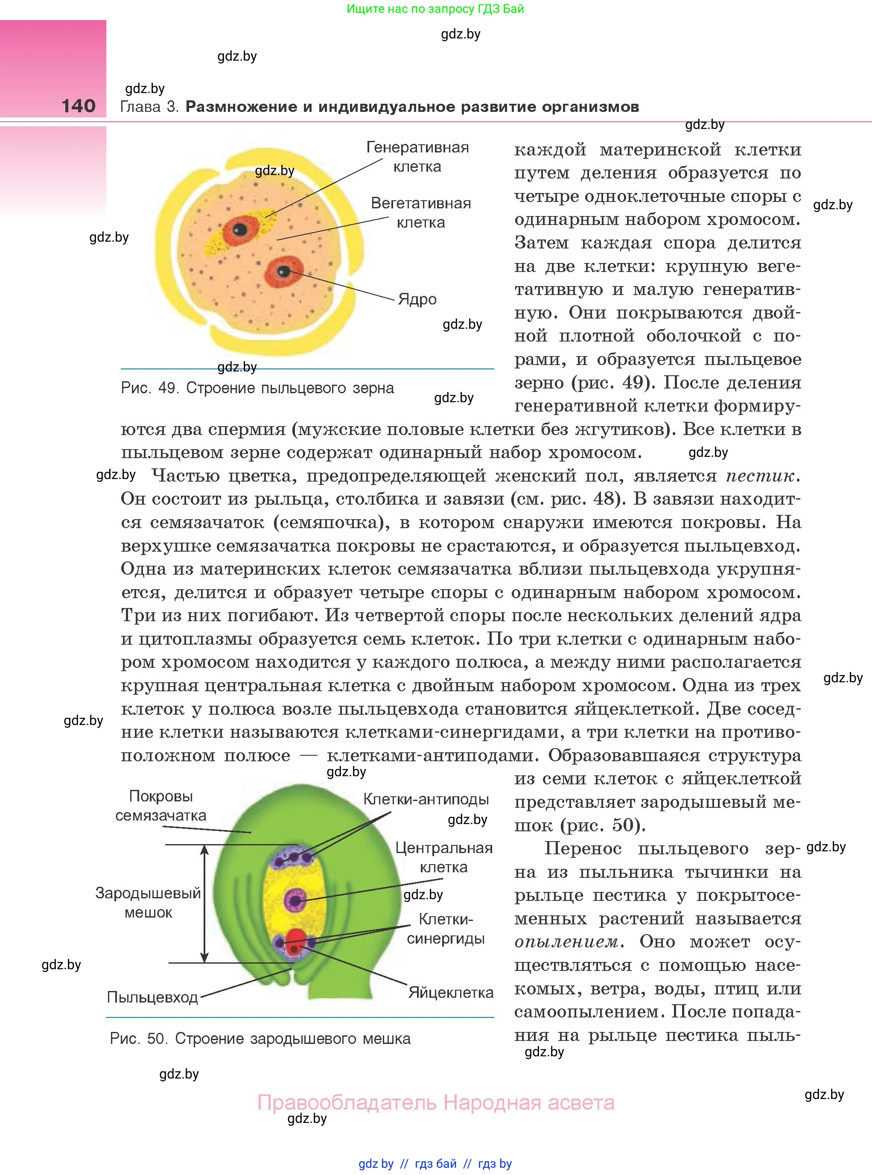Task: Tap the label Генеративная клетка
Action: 417,157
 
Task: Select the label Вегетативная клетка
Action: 421,213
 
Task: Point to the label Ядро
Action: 417,299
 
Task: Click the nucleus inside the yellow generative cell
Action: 239,229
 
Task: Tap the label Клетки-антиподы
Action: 426,800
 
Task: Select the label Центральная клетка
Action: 443,858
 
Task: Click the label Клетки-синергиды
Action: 445,929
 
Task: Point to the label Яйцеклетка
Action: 450,993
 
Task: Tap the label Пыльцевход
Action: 152,997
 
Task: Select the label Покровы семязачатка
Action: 160,806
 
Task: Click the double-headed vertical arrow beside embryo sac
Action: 205,903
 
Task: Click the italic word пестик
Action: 760,476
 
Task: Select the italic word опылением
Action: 566,942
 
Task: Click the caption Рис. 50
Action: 260,1039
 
